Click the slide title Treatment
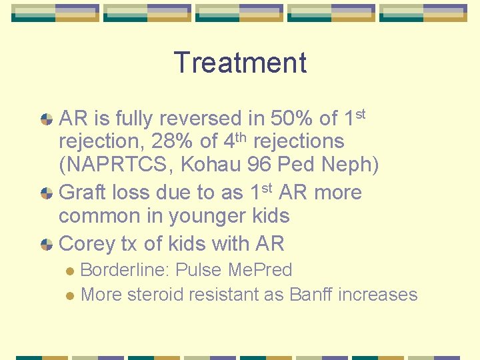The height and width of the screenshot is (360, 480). (240, 63)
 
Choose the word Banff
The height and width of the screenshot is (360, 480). (311, 294)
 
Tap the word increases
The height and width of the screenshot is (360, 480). (378, 294)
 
